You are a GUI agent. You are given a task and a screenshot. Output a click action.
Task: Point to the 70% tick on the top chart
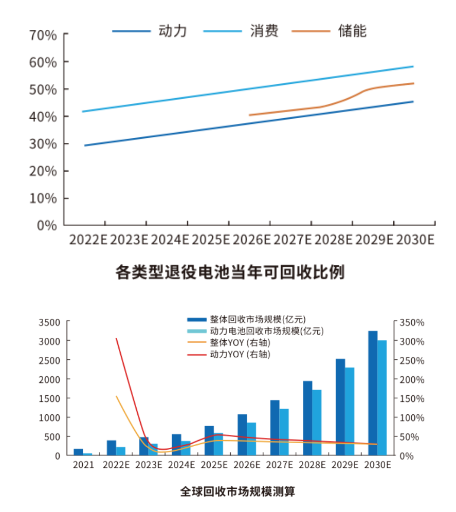click(43, 35)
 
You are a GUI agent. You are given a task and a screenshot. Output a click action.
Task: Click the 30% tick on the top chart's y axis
click(43, 144)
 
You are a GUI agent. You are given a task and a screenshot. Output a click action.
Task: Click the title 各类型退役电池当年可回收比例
click(230, 272)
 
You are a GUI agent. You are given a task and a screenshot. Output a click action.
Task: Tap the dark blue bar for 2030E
click(373, 393)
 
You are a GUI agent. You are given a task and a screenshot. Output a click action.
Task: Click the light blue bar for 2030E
click(382, 398)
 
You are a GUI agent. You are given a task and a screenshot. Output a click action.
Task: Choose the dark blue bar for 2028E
click(307, 418)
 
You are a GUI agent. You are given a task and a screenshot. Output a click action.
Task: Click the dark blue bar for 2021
click(78, 452)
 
